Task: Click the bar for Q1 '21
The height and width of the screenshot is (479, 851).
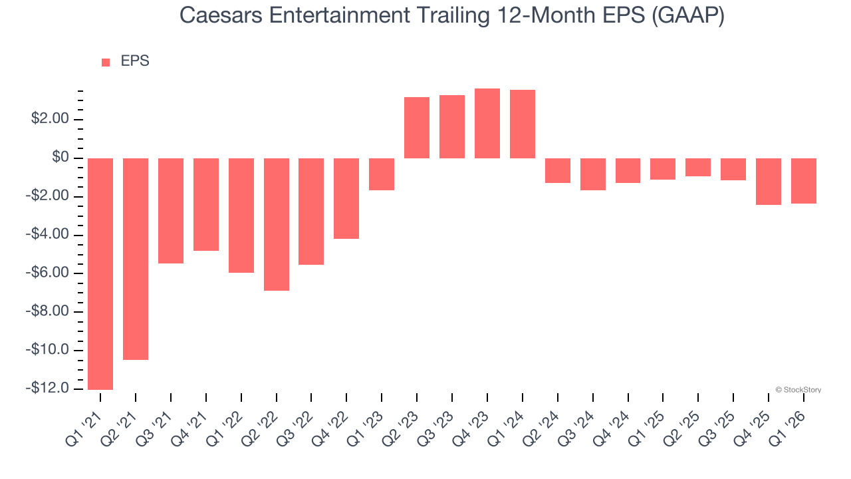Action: pos(100,273)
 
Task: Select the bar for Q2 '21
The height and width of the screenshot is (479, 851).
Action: pos(136,259)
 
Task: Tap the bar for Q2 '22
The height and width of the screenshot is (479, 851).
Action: pos(277,224)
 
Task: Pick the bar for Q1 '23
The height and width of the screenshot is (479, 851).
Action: pos(382,174)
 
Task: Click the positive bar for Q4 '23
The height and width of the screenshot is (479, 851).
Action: pos(487,124)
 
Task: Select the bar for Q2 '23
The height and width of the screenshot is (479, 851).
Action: pos(417,128)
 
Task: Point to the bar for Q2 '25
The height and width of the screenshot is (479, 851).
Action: pos(698,167)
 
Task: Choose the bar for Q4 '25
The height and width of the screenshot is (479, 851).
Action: pos(769,181)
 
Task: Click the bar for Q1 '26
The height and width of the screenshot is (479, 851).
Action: pos(804,180)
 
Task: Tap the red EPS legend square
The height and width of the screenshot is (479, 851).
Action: pos(106,63)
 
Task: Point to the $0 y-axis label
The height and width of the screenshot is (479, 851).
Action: pos(61,158)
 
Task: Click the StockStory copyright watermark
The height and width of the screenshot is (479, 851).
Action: pos(798,390)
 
